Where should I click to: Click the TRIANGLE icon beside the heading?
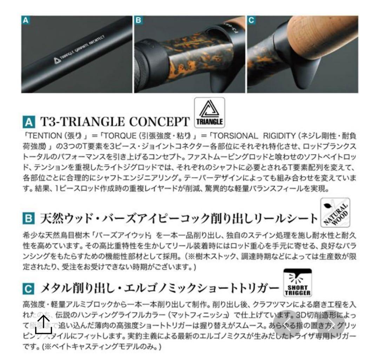click(x=209, y=112)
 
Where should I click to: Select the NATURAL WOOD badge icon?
click(x=335, y=212)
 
